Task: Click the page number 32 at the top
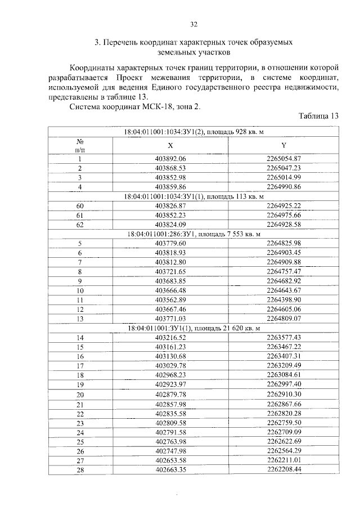[x=194, y=24]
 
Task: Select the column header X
[x=170, y=145]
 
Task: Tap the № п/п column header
[x=80, y=145]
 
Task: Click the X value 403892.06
[x=170, y=159]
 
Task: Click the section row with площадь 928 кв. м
[x=194, y=131]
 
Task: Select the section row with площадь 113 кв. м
[x=194, y=196]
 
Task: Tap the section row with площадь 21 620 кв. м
[x=194, y=328]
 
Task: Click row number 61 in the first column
[x=80, y=215]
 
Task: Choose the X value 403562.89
[x=170, y=299]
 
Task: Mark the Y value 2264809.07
[x=284, y=318]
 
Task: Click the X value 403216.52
[x=170, y=337]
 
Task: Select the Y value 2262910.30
[x=284, y=393]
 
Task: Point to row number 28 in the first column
[x=80, y=469]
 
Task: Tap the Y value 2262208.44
[x=284, y=469]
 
